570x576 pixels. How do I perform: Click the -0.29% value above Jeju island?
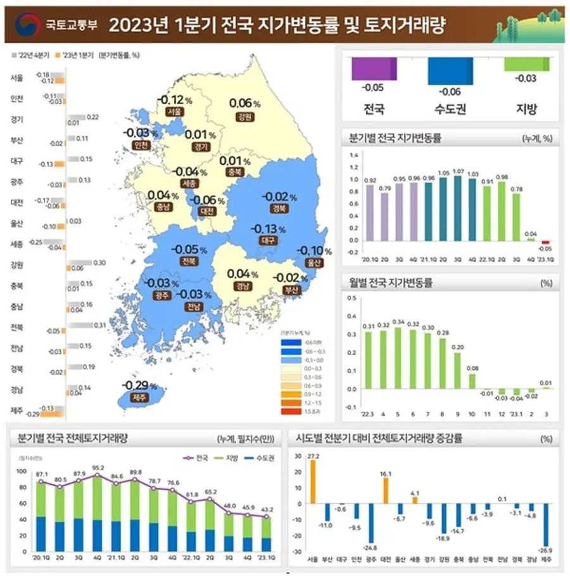click(140, 385)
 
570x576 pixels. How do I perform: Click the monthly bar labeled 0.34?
click(398, 357)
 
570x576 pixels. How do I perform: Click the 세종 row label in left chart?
click(17, 244)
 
